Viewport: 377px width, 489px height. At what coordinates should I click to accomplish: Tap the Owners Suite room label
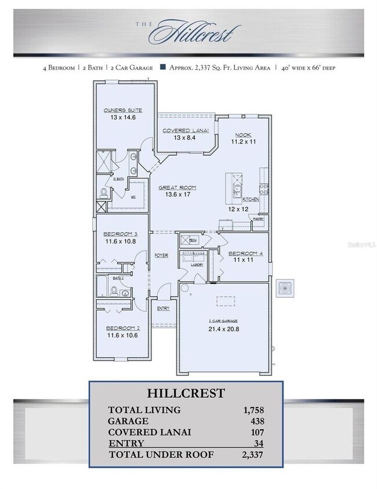122,110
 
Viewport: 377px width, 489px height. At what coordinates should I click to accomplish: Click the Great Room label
177,188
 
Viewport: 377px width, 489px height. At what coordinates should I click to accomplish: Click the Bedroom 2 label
122,328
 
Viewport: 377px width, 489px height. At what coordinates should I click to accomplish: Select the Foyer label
161,256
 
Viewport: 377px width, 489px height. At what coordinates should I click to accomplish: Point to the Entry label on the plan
163,308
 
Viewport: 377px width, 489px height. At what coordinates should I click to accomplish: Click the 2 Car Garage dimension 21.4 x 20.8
223,329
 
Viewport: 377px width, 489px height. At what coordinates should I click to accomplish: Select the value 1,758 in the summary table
253,410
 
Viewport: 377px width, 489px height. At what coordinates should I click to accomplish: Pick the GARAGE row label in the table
128,421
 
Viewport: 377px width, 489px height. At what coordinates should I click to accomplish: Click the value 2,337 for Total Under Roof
252,454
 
